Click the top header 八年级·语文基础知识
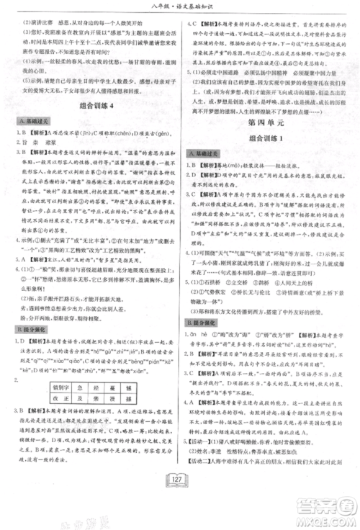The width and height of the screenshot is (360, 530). pyautogui.click(x=180, y=8)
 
